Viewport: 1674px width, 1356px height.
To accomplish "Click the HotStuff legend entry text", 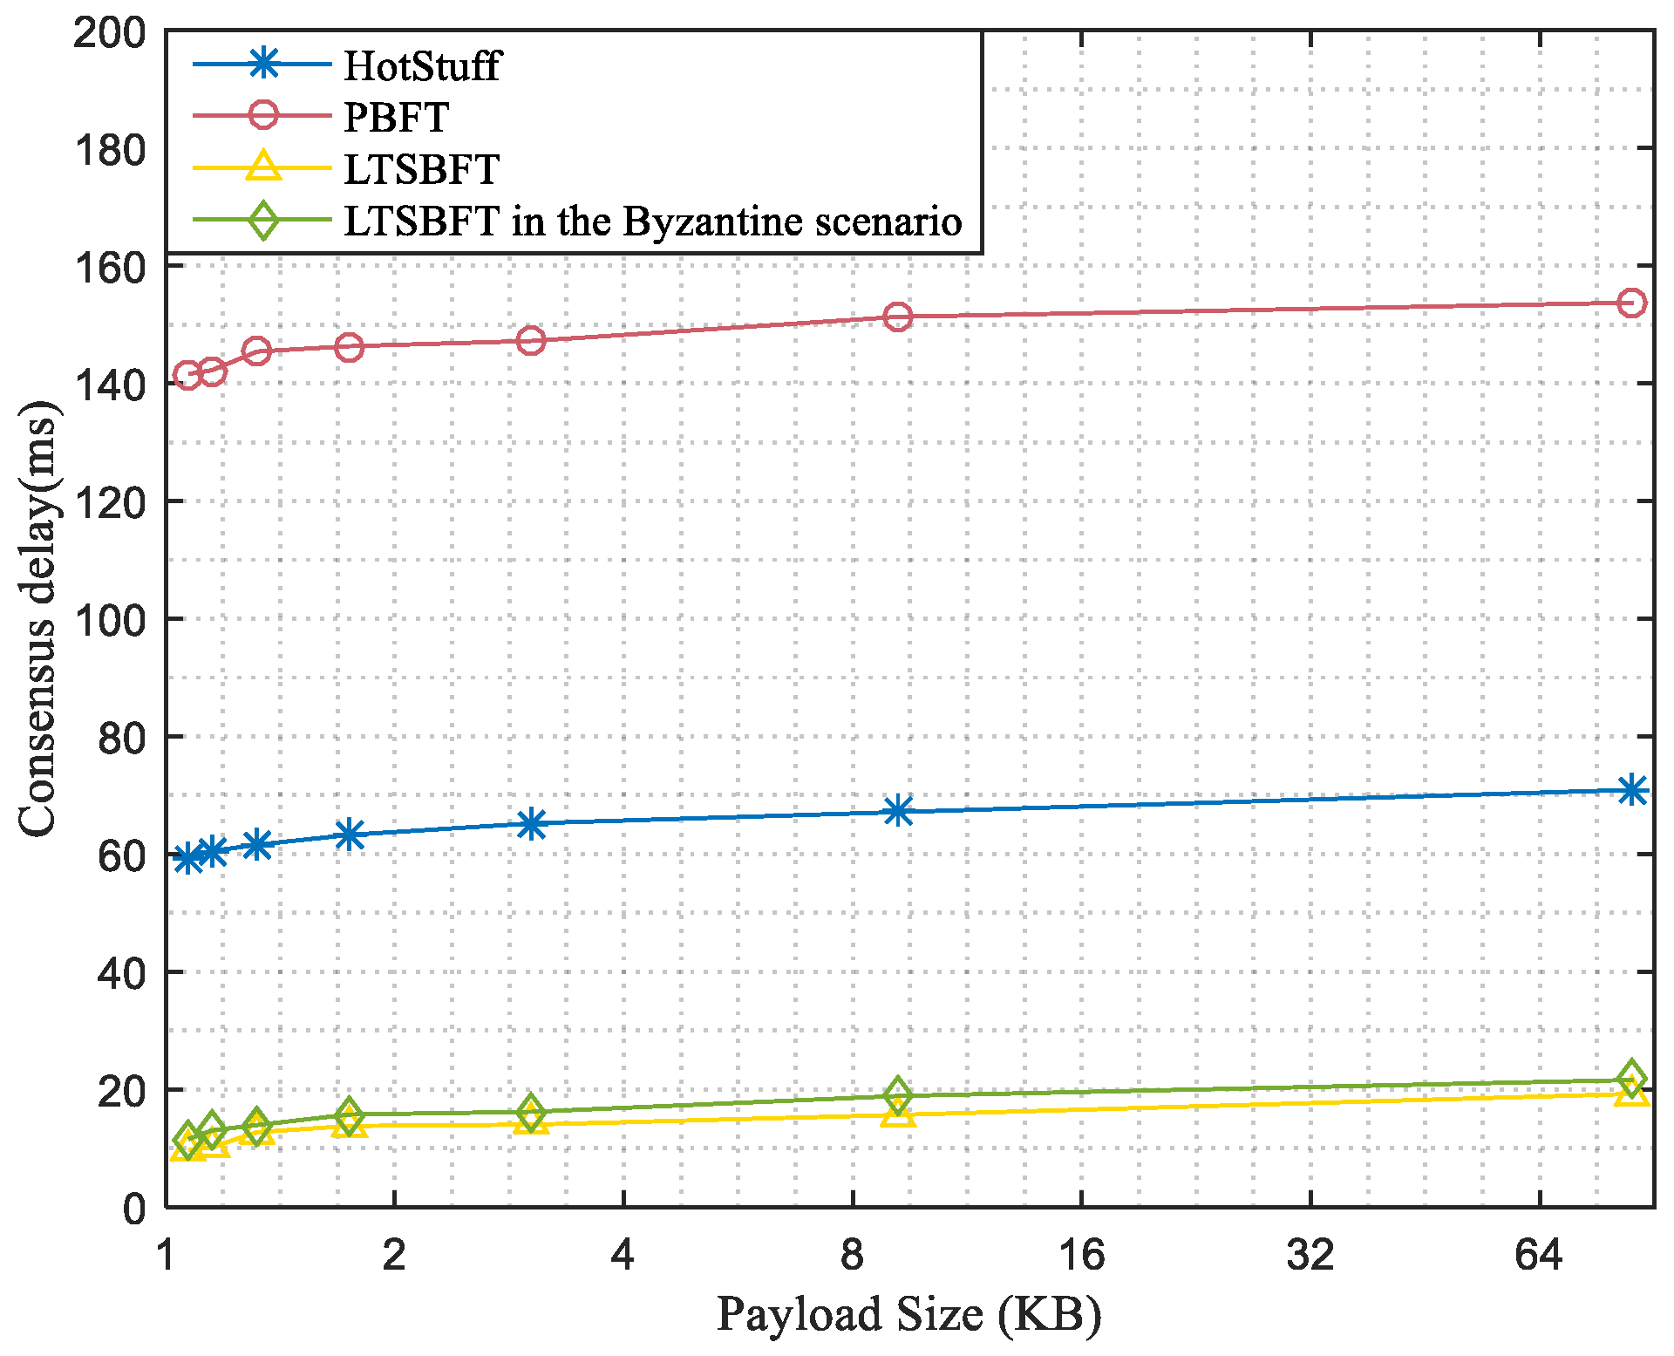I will tap(422, 66).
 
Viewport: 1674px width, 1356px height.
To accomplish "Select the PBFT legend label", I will tap(397, 118).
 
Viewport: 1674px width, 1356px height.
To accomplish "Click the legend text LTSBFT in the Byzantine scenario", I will tap(652, 221).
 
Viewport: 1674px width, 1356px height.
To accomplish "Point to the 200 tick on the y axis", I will tap(109, 34).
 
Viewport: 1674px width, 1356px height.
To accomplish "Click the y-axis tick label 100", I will tap(109, 620).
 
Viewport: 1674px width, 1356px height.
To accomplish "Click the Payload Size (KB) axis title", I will tap(908, 1315).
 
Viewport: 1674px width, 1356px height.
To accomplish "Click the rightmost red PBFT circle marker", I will tap(1631, 303).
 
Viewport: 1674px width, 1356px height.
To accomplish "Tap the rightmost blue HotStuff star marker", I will tap(1631, 790).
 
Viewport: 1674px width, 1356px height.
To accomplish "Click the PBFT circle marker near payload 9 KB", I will tap(898, 317).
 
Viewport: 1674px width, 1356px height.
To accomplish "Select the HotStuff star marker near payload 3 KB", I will tap(531, 823).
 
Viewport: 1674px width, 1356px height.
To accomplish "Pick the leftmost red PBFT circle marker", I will tap(187, 376).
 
